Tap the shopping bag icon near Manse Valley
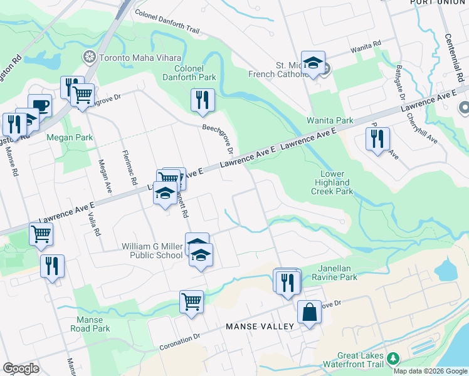click(309, 311)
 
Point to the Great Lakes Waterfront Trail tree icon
click(393, 358)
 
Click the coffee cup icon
click(40, 105)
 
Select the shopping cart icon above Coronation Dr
click(192, 301)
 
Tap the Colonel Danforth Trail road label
click(167, 22)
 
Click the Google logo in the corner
click(21, 368)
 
